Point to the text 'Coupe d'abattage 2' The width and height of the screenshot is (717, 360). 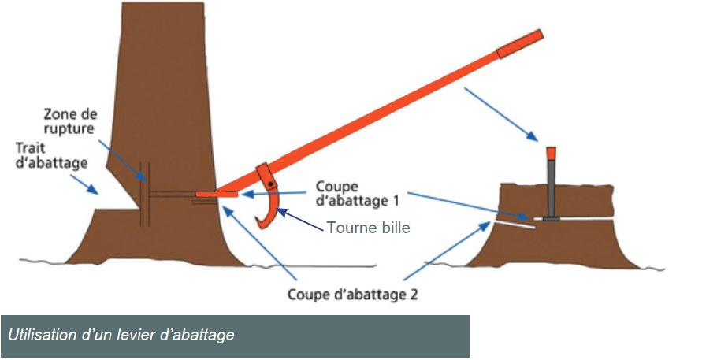coord(363,295)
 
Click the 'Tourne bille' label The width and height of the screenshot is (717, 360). coord(367,227)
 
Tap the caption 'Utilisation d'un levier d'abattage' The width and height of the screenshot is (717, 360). coord(121,336)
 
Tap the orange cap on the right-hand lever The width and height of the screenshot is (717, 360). coord(552,152)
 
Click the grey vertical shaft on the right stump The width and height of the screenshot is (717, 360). coord(552,186)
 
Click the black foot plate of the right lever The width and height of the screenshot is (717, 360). coord(552,217)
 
